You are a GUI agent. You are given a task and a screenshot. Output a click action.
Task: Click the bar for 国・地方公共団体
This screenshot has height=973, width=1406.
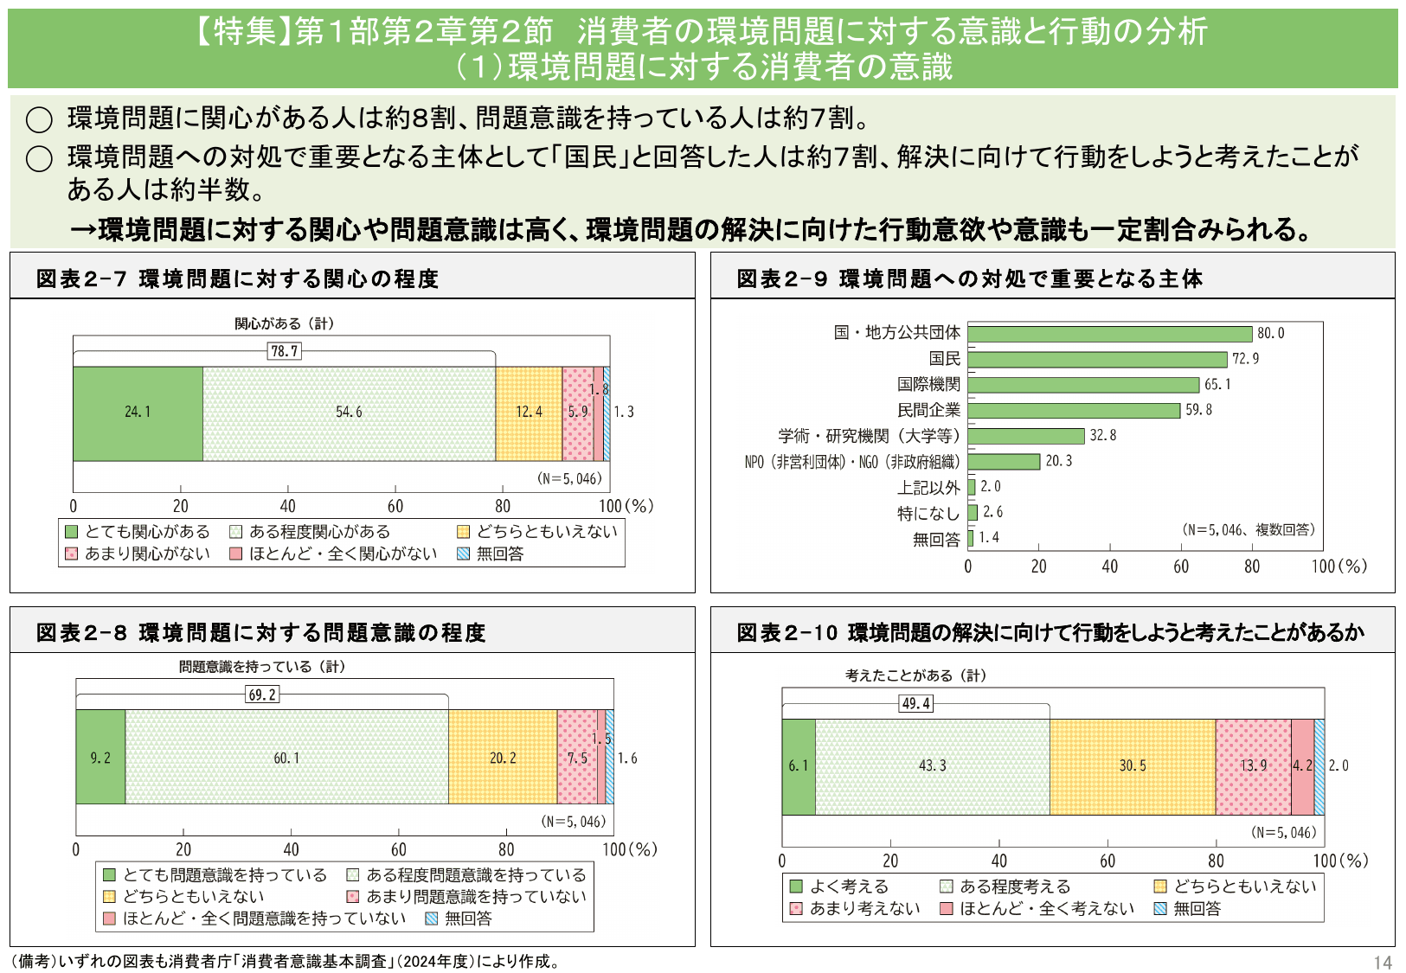tap(1109, 334)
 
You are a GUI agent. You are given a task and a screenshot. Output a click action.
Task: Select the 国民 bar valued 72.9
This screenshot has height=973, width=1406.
tap(1097, 359)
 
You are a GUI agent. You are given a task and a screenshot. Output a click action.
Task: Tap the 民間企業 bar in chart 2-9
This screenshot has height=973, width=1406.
tap(1074, 410)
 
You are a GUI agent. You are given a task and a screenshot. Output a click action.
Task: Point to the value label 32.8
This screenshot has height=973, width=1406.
tap(1103, 436)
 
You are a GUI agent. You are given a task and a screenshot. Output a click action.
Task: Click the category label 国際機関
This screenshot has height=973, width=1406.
tap(928, 385)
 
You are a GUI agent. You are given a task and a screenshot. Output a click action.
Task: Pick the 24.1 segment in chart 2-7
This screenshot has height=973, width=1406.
tap(138, 413)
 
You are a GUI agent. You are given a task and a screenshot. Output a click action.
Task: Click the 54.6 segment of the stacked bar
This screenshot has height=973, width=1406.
tap(349, 413)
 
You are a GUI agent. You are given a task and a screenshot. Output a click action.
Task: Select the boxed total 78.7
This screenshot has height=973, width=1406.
tap(285, 351)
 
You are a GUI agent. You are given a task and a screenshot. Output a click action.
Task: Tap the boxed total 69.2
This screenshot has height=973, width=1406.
tap(262, 695)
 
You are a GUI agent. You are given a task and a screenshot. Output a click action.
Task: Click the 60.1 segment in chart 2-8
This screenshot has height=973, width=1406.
tap(286, 758)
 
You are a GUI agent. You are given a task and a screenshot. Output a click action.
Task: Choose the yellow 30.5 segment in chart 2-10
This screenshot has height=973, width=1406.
tap(1132, 766)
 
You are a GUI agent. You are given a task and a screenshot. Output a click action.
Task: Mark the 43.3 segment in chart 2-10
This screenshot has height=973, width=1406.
tap(932, 766)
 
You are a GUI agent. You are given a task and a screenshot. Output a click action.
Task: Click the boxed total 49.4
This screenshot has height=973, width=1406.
tap(916, 703)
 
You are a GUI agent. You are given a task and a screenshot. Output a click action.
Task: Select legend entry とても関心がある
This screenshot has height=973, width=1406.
tap(138, 532)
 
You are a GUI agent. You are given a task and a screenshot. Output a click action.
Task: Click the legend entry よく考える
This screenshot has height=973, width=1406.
tap(839, 887)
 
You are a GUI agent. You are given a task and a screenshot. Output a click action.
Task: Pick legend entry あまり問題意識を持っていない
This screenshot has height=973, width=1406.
tap(467, 897)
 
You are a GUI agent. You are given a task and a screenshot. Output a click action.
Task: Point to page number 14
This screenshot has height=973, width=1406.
tap(1382, 963)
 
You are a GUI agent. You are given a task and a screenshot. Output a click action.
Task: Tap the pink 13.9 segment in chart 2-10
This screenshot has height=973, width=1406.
tap(1253, 766)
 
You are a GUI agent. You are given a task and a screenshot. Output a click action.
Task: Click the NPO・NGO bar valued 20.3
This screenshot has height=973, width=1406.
tap(1004, 462)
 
